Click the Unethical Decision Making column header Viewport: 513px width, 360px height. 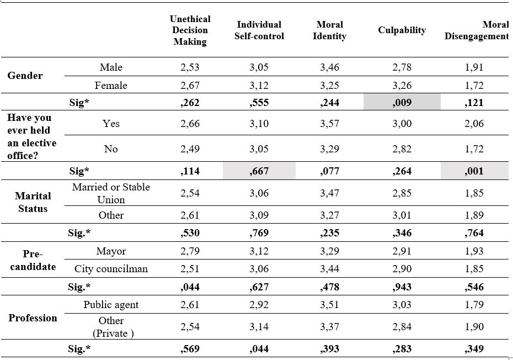coord(190,30)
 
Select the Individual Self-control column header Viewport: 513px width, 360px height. coord(259,30)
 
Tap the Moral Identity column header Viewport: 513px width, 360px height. coord(330,30)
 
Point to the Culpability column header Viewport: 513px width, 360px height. coord(402,30)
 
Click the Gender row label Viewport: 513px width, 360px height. coord(25,76)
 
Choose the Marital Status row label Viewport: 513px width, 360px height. coord(33,202)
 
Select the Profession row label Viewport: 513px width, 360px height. coord(33,318)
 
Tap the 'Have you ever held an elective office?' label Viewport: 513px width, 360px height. coord(32,136)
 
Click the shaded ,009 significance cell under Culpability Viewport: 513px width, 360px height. coord(402,102)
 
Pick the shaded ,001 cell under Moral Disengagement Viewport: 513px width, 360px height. coord(474,171)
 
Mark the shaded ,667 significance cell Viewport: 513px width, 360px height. coord(259,171)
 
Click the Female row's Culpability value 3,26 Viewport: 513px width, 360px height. coord(402,86)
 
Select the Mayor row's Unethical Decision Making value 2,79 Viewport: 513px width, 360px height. coord(190,251)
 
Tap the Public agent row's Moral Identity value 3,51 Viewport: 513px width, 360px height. coord(330,305)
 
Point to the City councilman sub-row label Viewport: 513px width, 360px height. coord(111,269)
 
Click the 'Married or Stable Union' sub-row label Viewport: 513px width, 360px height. coord(111,193)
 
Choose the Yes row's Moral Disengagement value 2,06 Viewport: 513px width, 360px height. coord(474,124)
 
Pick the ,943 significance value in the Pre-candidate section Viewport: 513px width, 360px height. coord(402,287)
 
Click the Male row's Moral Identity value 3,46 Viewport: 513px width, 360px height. coord(330,67)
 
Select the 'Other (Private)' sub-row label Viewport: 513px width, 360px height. coord(112,327)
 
